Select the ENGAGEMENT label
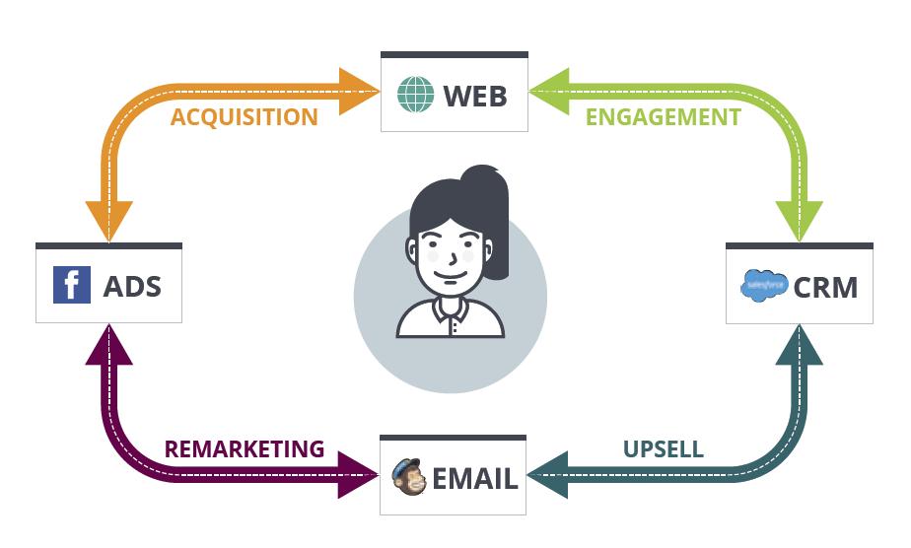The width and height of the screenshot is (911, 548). [663, 117]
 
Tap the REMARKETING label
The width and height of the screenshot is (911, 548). [245, 448]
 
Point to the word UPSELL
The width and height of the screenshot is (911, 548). [663, 448]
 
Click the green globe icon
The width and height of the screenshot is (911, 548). [415, 94]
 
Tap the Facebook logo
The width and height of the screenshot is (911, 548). [72, 285]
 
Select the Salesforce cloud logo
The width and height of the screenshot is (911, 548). [764, 286]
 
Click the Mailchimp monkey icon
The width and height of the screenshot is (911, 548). [409, 477]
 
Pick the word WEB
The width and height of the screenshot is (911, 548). [474, 96]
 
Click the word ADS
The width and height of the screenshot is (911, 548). [132, 287]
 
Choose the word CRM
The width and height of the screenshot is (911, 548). [825, 288]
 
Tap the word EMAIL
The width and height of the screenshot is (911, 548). [474, 479]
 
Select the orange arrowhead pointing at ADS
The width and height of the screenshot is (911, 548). [109, 221]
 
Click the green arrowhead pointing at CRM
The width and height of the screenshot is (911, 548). [799, 221]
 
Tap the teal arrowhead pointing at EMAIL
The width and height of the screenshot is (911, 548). [547, 475]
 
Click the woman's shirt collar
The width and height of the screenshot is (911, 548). [451, 311]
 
